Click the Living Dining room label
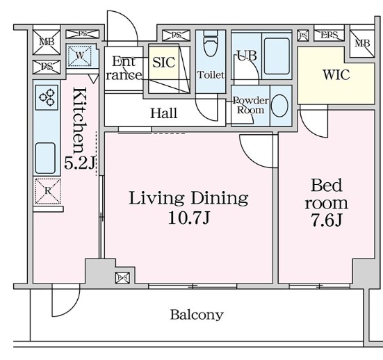(188, 198)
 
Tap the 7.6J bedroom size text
(326, 220)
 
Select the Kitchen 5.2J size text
(80, 163)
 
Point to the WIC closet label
(336, 75)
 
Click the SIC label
(164, 63)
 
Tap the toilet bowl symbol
(211, 44)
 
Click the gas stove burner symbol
(47, 97)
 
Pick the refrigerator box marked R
(48, 191)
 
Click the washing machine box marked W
(80, 56)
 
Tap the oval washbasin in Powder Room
(279, 106)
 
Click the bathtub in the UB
(277, 56)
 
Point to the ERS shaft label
(329, 35)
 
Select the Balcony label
(197, 315)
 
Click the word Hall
(163, 113)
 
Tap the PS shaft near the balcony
(122, 278)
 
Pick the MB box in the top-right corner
(362, 44)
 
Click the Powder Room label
(251, 105)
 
